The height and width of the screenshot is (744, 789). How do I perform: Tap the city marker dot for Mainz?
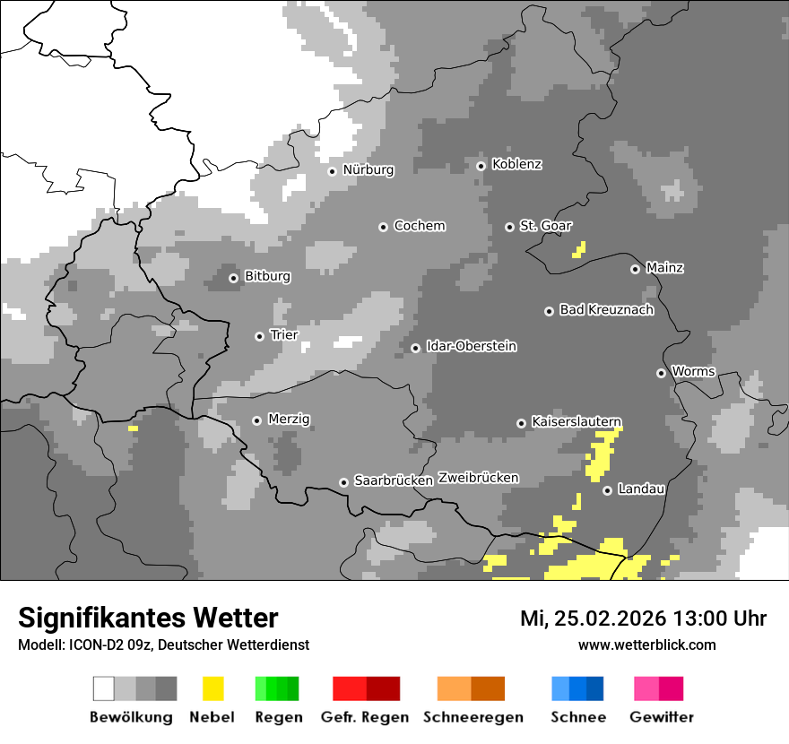click(635, 269)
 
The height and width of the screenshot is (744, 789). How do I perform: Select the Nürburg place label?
click(368, 170)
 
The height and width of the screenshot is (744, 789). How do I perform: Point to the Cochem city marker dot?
click(383, 227)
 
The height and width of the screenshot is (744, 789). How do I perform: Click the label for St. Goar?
click(545, 226)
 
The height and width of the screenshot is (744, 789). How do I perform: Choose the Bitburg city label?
click(267, 277)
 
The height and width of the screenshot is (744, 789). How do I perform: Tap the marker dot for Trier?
click(259, 336)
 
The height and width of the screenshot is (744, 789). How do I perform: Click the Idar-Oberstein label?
click(471, 347)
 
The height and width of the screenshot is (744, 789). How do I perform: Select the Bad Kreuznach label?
click(606, 310)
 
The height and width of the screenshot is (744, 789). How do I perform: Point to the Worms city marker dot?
click(661, 373)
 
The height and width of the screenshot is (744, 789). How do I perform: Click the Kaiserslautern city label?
click(576, 422)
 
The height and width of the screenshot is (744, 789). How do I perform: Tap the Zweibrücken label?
click(478, 479)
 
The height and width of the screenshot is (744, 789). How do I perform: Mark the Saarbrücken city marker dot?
click(343, 482)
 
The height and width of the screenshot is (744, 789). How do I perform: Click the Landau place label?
click(641, 489)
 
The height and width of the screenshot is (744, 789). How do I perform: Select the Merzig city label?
click(290, 420)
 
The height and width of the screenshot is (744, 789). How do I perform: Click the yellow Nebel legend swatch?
click(213, 688)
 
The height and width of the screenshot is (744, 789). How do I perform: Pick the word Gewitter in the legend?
click(661, 717)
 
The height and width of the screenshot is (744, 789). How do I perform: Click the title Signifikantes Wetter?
click(148, 619)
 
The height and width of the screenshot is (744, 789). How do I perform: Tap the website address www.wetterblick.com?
click(646, 645)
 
